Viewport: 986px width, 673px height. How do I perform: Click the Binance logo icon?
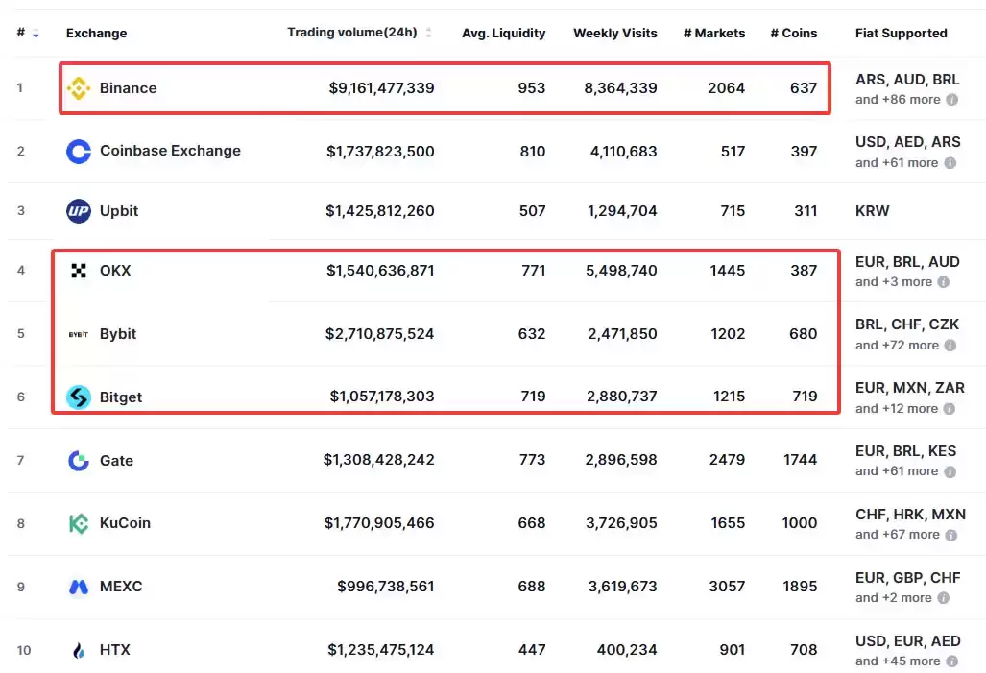[x=79, y=88]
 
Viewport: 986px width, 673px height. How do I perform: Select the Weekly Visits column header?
[x=615, y=34]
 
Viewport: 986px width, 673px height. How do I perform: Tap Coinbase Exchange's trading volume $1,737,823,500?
[x=380, y=152]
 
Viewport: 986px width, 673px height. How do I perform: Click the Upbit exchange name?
[x=119, y=210]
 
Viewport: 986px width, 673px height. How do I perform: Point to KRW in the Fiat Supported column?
[x=872, y=211]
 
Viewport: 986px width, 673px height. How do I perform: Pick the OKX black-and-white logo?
[x=79, y=271]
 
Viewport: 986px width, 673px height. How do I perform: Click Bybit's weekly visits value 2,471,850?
[x=622, y=334]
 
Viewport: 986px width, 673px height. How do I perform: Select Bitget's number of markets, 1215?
[x=729, y=397]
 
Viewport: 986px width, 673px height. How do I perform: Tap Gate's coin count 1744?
[x=800, y=460]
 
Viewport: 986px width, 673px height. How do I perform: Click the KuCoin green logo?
[x=79, y=523]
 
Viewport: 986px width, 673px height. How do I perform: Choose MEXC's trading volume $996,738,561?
[x=385, y=587]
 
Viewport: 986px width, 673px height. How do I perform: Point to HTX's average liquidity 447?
[x=532, y=650]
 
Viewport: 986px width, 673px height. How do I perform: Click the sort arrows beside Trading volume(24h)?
[x=429, y=33]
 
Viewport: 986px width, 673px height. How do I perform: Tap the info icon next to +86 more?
[x=952, y=100]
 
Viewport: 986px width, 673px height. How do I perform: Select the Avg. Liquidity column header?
[x=504, y=34]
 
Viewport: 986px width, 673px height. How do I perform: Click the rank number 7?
[x=21, y=461]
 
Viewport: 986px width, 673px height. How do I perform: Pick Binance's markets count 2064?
[x=726, y=88]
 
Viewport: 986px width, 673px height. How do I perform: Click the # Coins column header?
[x=794, y=34]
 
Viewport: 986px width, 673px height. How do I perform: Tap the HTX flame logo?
[x=79, y=650]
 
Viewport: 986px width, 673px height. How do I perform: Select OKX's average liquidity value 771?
[x=533, y=271]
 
